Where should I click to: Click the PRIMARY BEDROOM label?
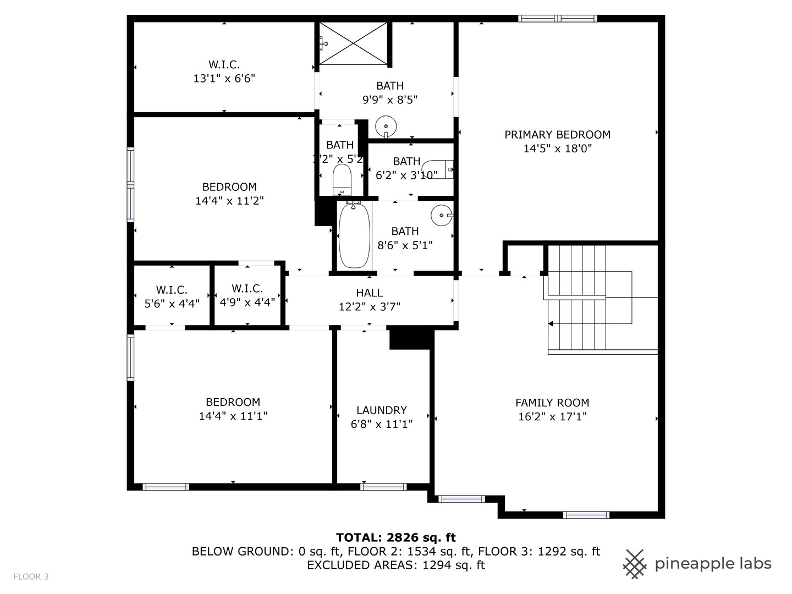(x=557, y=135)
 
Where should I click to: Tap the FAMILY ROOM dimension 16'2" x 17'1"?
(x=552, y=417)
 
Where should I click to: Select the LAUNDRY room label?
(x=381, y=410)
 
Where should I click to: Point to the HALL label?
(x=369, y=293)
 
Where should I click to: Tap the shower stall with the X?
(x=354, y=43)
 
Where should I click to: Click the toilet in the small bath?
(x=342, y=179)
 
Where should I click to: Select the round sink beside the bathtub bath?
(x=441, y=215)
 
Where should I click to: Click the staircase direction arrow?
(x=551, y=324)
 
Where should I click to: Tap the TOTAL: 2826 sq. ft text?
(x=395, y=537)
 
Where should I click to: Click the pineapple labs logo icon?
(x=635, y=564)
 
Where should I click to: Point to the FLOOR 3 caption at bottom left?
(x=31, y=576)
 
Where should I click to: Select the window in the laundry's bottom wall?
(x=383, y=487)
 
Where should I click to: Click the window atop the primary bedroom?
(x=558, y=19)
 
